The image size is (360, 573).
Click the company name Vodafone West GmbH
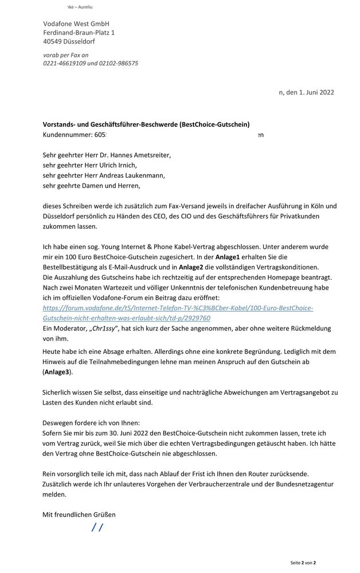(76, 24)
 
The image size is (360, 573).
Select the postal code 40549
(53, 42)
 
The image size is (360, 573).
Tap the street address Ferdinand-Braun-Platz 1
(79, 33)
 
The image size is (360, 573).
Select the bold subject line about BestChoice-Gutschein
(146, 124)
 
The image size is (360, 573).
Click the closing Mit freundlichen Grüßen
(79, 514)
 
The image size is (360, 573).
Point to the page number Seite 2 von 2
(303, 563)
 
